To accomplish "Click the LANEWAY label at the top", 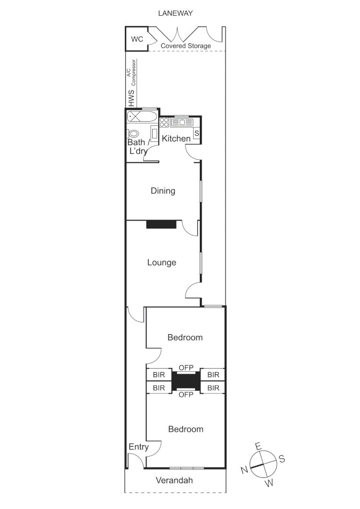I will tap(175, 14).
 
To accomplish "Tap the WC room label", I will tap(137, 39).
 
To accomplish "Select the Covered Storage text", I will tap(186, 46).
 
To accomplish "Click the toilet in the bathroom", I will tap(134, 133).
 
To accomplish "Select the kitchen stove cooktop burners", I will tap(164, 122).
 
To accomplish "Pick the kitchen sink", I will tap(182, 123).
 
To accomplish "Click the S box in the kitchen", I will tap(197, 133).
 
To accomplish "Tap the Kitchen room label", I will tap(176, 139).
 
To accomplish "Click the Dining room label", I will tap(163, 191).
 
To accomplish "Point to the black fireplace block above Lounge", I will tap(161, 224).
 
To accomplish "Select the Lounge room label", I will tap(162, 263).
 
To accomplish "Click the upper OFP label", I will tap(186, 367).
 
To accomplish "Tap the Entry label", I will tap(139, 447).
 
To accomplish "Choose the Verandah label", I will tap(175, 480).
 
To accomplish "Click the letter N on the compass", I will tap(244, 469).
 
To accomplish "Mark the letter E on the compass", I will tap(257, 445).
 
